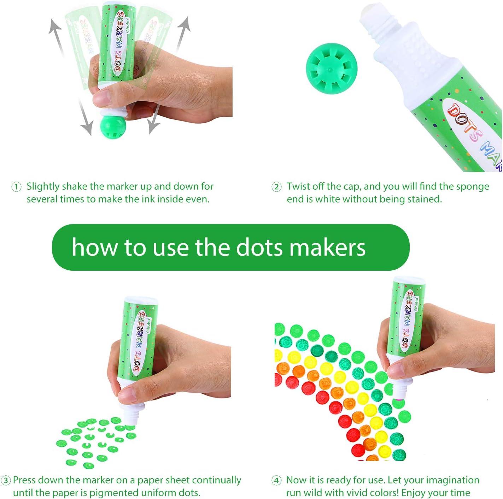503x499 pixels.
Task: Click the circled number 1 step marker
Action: pos(16,187)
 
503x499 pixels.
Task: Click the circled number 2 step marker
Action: pos(276,187)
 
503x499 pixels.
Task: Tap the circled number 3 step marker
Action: pos(6,480)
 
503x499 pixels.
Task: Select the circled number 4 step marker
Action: pos(276,480)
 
